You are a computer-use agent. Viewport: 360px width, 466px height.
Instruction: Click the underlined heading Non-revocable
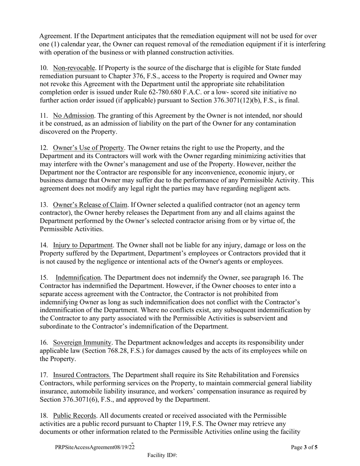[x=74, y=68]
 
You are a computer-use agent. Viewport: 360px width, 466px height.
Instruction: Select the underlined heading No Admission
[x=74, y=116]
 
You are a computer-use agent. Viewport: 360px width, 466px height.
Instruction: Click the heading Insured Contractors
[x=82, y=375]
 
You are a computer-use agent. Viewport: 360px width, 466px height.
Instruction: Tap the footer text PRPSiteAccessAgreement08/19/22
[x=95, y=447]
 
